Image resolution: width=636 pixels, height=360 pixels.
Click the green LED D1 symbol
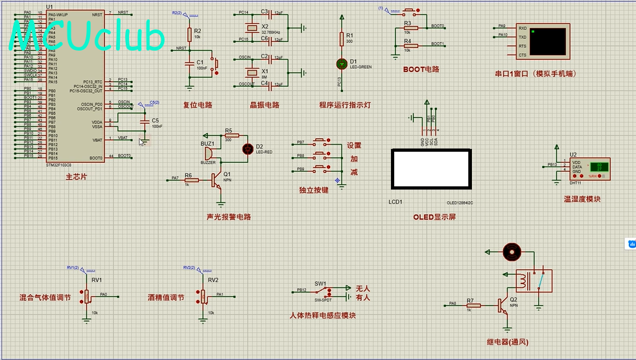point(342,63)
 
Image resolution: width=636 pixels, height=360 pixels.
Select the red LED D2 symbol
point(247,149)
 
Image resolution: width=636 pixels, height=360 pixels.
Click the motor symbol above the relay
point(512,251)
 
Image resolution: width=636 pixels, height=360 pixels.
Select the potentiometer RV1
point(87,296)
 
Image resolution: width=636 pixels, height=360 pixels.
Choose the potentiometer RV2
point(203,296)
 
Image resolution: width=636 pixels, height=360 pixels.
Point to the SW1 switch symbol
point(321,292)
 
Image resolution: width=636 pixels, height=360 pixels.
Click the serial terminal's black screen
point(548,41)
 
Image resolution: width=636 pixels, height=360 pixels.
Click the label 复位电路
point(198,105)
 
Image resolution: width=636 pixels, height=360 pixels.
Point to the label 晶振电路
point(265,105)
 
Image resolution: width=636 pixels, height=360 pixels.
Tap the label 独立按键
point(314,190)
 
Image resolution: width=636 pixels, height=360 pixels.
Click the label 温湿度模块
point(582,199)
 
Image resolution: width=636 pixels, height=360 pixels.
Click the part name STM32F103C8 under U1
point(60,165)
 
